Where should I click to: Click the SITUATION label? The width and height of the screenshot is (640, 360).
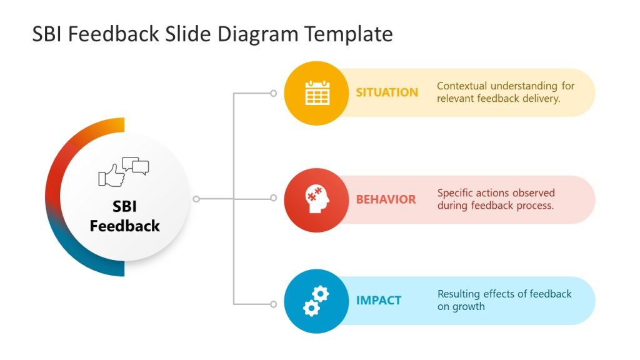point(387,92)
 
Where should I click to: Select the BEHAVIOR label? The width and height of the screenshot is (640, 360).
point(386,199)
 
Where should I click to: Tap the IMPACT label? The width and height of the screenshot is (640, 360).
point(378,301)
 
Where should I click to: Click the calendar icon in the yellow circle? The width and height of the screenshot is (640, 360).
point(317,93)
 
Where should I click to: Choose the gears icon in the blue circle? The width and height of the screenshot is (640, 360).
point(316,301)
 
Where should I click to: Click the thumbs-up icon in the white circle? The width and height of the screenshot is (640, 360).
point(112,175)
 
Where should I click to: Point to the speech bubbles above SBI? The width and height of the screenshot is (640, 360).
point(136,166)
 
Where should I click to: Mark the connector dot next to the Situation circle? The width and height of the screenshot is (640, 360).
point(273,93)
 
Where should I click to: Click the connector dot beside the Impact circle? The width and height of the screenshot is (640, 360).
point(273,304)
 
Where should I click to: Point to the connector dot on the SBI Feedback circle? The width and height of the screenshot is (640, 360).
point(196,199)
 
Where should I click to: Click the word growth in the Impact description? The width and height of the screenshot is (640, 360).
point(470,307)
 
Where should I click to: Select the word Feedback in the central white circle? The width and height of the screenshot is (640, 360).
point(125,226)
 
